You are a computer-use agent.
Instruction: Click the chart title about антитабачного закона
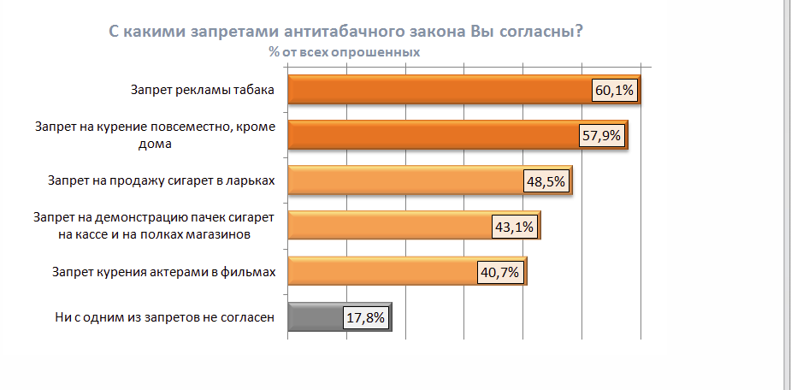point(345,32)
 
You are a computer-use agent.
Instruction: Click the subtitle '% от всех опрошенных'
point(344,51)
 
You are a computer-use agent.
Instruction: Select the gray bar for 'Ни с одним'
point(316,316)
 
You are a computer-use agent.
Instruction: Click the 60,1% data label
point(615,92)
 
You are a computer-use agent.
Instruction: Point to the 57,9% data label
point(602,136)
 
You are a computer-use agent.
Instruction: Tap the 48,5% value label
point(546,181)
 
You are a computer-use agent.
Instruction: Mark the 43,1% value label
point(514,227)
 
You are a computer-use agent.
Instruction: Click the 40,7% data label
point(500,272)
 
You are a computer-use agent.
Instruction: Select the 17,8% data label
point(366,317)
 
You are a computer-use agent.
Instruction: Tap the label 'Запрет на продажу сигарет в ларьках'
point(162,180)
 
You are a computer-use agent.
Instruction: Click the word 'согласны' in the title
point(540,32)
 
